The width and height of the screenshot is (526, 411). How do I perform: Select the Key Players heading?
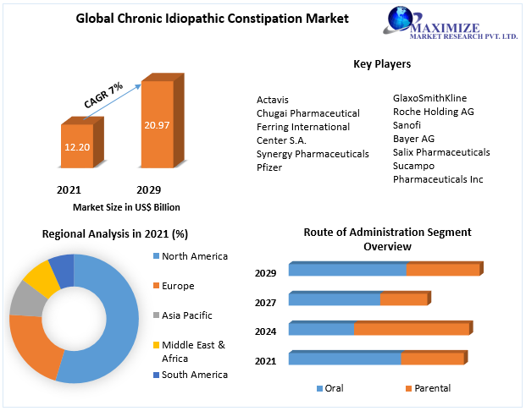(382, 64)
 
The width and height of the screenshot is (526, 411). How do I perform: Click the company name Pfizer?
(269, 167)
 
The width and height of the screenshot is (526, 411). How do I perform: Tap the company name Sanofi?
(407, 125)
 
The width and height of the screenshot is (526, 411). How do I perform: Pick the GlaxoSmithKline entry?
(429, 98)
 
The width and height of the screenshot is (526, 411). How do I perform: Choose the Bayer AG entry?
(413, 139)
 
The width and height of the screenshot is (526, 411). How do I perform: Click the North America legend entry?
(194, 256)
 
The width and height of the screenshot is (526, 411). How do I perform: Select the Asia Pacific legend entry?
(186, 315)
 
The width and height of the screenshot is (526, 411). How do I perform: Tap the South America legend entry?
(194, 375)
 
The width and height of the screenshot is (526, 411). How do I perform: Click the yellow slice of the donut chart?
(40, 277)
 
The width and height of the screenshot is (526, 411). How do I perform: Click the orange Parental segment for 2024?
(412, 329)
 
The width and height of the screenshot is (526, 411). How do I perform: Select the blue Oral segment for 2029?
(347, 270)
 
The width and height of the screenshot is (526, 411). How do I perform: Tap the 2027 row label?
(266, 302)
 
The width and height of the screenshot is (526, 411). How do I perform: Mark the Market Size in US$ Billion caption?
(126, 207)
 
